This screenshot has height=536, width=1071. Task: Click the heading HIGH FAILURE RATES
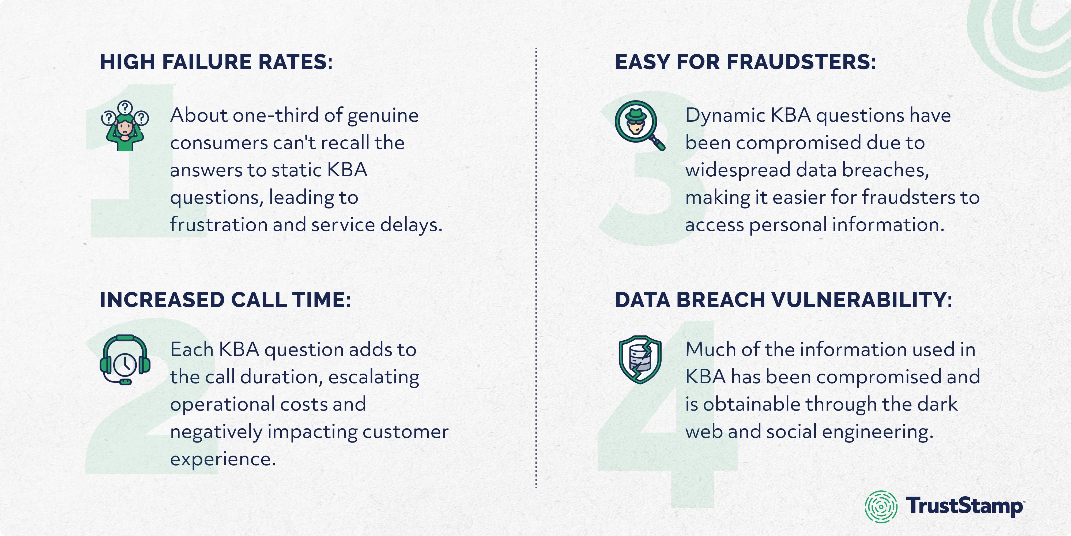coord(216,62)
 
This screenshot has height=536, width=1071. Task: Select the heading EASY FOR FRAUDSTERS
coord(745,62)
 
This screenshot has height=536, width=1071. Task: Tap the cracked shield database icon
coord(640,360)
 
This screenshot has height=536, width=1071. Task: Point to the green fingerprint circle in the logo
coord(881,507)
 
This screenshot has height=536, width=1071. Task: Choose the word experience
coord(223,459)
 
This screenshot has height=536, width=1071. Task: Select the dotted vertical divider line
coord(536,266)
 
